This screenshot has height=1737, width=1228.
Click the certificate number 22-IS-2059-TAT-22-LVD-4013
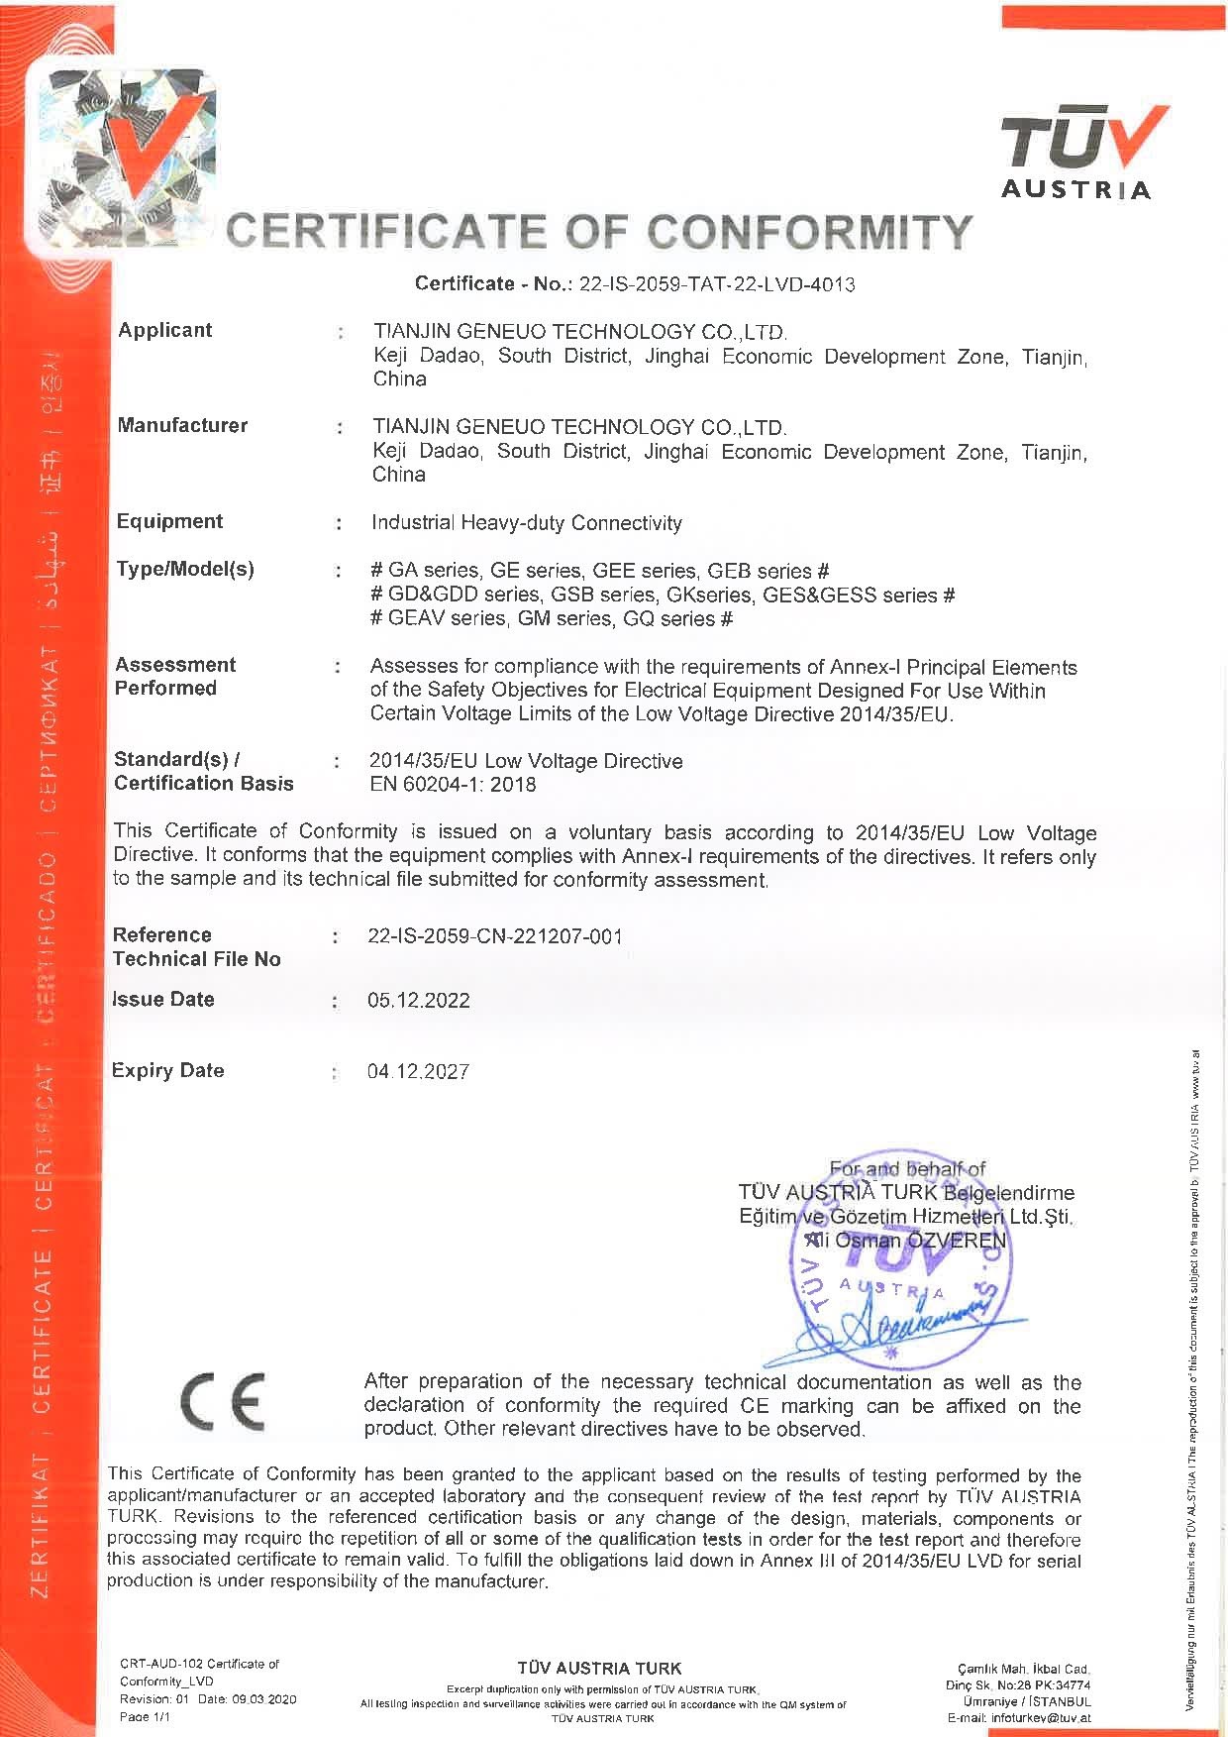(716, 284)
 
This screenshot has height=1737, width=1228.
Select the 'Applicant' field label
(165, 330)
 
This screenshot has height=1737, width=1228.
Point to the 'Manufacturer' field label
(182, 425)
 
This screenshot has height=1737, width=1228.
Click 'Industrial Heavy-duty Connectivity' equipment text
(526, 522)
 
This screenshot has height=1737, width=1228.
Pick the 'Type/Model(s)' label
(185, 569)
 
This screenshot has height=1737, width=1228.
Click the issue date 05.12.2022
(418, 1000)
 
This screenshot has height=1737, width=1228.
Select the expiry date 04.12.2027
(418, 1071)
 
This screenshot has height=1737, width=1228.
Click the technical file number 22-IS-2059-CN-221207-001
(494, 936)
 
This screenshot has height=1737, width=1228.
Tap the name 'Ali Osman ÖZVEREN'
(906, 1240)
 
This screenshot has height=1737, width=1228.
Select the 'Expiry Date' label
(168, 1070)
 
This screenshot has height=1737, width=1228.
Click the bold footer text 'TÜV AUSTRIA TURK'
(599, 1668)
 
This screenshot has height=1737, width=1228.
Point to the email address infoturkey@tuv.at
(1033, 1717)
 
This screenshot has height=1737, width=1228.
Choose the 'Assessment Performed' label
(175, 676)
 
